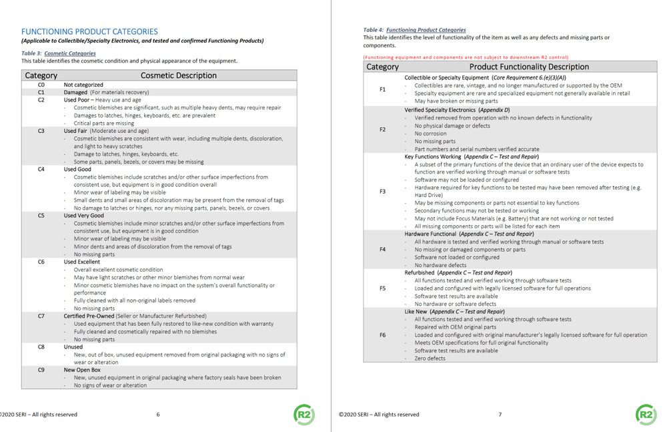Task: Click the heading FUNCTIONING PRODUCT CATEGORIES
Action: (x=89, y=31)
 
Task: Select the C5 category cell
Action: (x=41, y=216)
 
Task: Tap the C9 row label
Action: (x=41, y=369)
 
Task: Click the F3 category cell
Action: (x=382, y=192)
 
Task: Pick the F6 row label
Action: (x=382, y=335)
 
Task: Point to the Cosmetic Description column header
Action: (x=178, y=75)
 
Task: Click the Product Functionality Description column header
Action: (x=529, y=67)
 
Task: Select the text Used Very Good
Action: (x=84, y=216)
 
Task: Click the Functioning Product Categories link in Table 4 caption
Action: (x=426, y=30)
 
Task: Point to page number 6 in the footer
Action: (x=158, y=415)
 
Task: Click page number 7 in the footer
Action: (x=500, y=415)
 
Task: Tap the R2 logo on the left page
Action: (x=303, y=414)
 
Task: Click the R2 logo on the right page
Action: (x=645, y=414)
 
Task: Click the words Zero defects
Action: (x=430, y=359)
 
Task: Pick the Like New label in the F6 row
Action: (x=416, y=312)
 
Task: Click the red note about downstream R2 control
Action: (x=466, y=57)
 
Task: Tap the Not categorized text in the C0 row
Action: (x=83, y=85)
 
